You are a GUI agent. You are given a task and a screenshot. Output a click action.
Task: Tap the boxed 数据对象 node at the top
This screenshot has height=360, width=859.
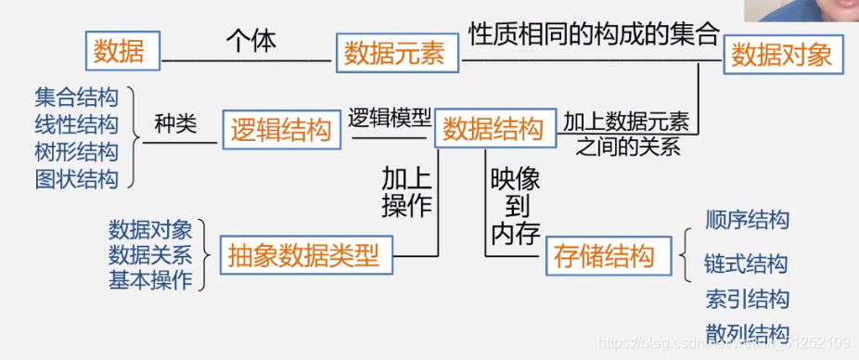click(781, 56)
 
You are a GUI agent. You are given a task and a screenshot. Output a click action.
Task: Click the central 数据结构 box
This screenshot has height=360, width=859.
click(493, 130)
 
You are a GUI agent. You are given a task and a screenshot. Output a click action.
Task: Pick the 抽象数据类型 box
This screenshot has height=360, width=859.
click(304, 255)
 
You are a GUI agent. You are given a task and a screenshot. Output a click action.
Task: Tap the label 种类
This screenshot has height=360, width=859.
click(175, 124)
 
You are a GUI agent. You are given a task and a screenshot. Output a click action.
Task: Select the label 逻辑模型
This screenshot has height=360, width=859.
click(390, 118)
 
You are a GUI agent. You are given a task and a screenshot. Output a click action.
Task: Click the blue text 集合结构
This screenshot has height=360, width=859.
click(77, 96)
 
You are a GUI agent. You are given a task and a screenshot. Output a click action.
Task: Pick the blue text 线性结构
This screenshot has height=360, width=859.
click(77, 124)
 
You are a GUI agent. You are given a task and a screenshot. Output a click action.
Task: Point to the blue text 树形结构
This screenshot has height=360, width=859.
click(77, 151)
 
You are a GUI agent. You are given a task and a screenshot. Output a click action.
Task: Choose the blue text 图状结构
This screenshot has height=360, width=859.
click(77, 178)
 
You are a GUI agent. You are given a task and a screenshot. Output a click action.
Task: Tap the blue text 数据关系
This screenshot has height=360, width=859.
click(150, 254)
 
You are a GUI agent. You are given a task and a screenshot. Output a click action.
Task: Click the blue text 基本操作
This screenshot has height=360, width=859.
click(150, 279)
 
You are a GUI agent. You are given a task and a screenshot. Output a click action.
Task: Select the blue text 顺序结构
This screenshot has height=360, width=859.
click(747, 220)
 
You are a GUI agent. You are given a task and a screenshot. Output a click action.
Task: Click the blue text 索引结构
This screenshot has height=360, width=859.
click(747, 299)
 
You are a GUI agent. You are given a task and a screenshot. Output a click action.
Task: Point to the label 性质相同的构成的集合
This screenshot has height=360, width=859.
click(594, 34)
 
